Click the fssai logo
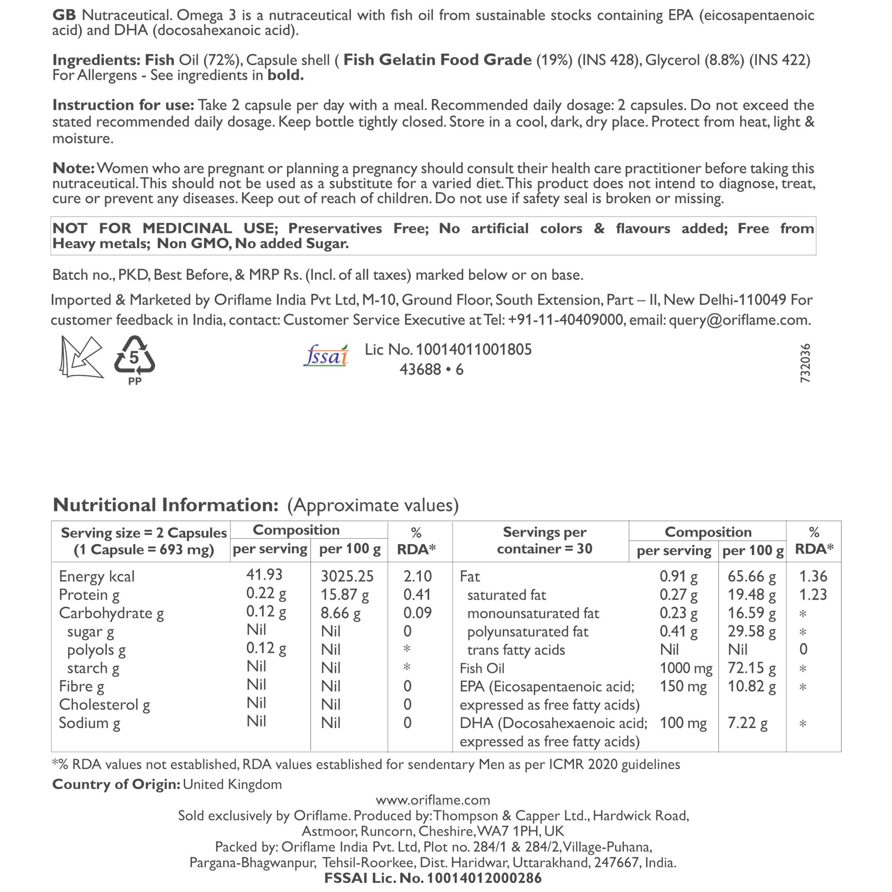point(326,356)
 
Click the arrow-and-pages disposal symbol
point(81,357)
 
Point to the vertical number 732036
point(805,363)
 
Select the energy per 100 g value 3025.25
point(347,576)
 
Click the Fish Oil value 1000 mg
point(686,668)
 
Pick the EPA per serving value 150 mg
point(683,687)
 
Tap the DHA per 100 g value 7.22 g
point(747,723)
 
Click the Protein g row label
point(89,595)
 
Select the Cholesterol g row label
point(105,705)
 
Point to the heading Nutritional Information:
point(165,505)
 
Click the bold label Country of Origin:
point(116,784)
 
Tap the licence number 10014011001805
point(473,350)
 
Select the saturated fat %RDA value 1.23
point(813,595)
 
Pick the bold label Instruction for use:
point(123,105)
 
